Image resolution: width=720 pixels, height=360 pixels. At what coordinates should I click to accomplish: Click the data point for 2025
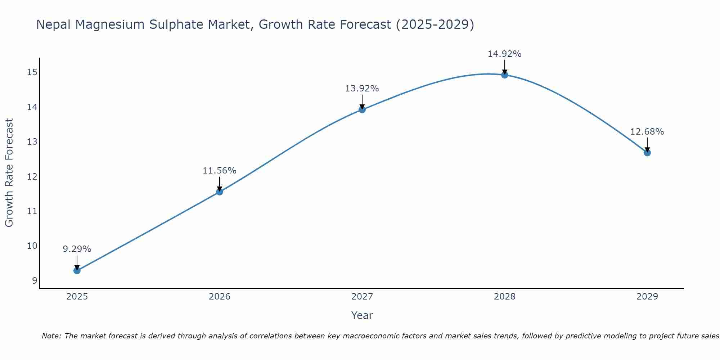tap(77, 270)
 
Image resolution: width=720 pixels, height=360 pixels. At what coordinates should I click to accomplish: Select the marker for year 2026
tap(220, 192)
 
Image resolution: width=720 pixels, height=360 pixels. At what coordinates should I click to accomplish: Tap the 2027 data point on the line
tap(362, 109)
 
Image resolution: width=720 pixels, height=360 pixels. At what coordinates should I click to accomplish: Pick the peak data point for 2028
tap(505, 75)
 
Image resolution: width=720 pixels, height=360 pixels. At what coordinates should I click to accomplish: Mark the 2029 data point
tap(647, 153)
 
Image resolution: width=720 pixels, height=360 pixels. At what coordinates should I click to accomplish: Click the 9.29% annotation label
tap(77, 249)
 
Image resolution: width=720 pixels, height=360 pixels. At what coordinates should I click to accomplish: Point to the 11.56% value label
tap(220, 171)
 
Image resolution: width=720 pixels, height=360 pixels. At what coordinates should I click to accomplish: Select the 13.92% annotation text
tap(362, 89)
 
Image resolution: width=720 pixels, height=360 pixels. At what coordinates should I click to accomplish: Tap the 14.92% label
tap(505, 54)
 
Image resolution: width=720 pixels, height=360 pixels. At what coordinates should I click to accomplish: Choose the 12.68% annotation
tap(647, 132)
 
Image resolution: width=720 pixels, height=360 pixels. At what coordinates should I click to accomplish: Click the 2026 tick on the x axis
tap(220, 297)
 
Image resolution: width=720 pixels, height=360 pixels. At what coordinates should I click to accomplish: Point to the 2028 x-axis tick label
tap(505, 297)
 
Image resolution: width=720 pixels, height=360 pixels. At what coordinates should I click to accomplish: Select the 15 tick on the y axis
tap(32, 72)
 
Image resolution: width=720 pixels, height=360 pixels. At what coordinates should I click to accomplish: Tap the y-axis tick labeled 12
tap(32, 176)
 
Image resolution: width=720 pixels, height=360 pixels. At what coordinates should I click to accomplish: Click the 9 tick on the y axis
tap(35, 280)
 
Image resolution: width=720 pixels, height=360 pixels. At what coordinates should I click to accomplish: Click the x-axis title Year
tap(362, 315)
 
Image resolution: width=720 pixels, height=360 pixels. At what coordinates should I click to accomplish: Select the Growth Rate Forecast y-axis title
tap(9, 173)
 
